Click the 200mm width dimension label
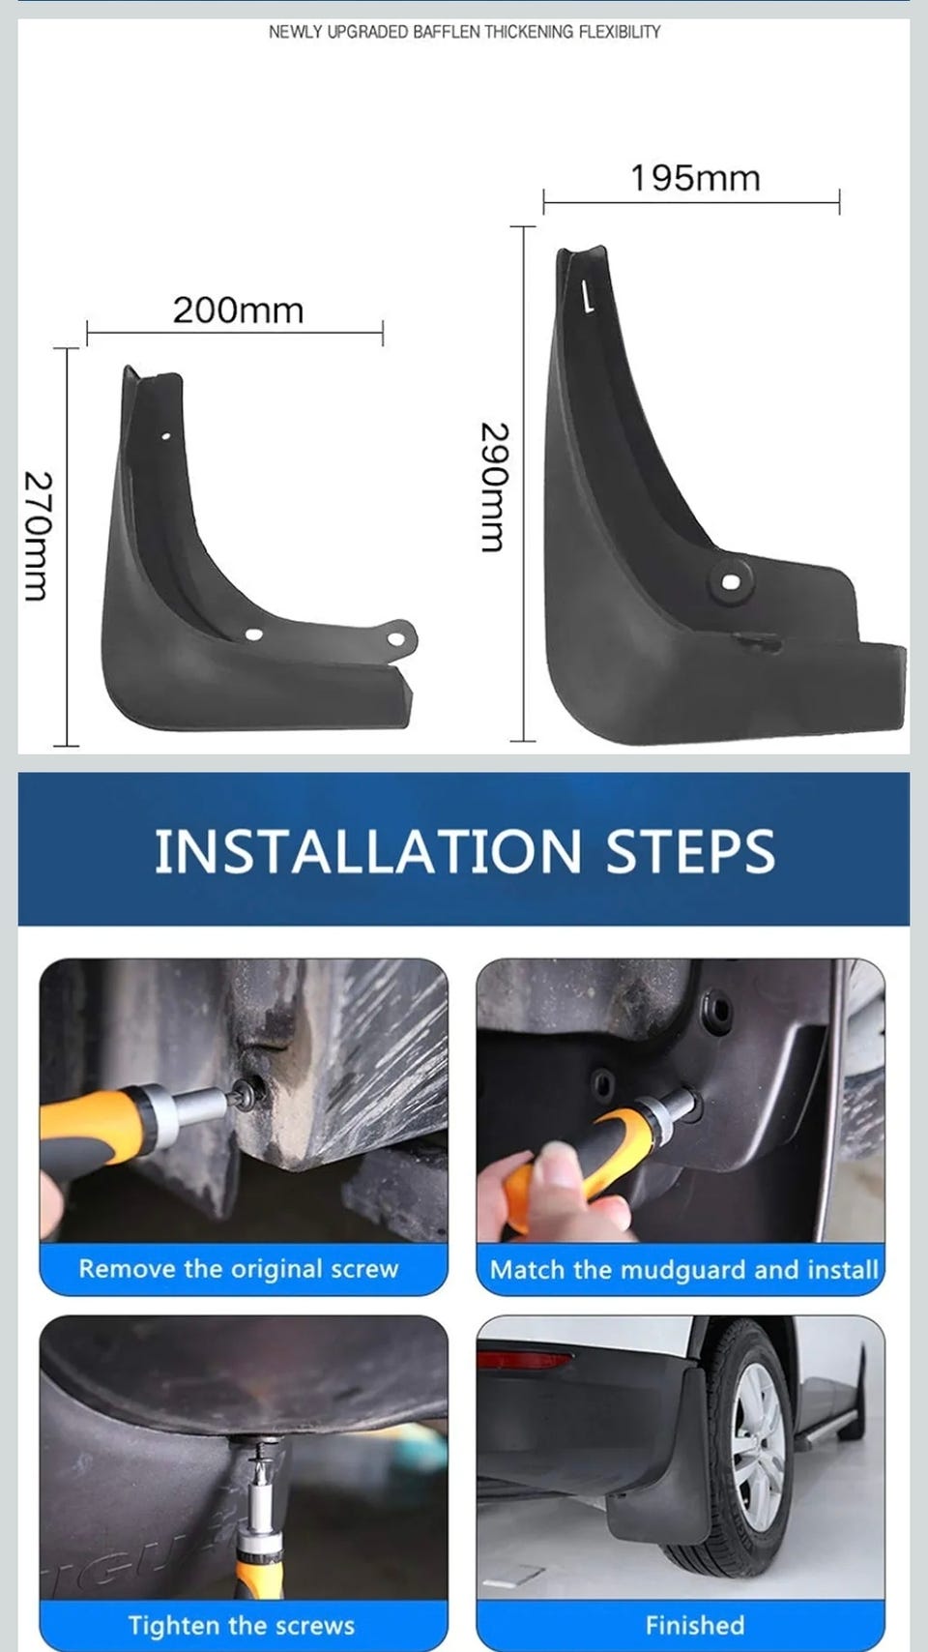point(238,310)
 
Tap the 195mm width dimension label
point(695,179)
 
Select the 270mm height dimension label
point(38,536)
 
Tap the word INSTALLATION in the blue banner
point(367,851)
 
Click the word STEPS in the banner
point(690,851)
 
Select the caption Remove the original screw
point(239,1269)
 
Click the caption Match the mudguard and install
point(684,1269)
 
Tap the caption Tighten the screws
point(242,1626)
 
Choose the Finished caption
point(695,1626)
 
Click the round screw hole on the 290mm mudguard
point(731,582)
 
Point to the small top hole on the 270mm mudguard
point(166,436)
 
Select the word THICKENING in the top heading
point(529,32)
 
